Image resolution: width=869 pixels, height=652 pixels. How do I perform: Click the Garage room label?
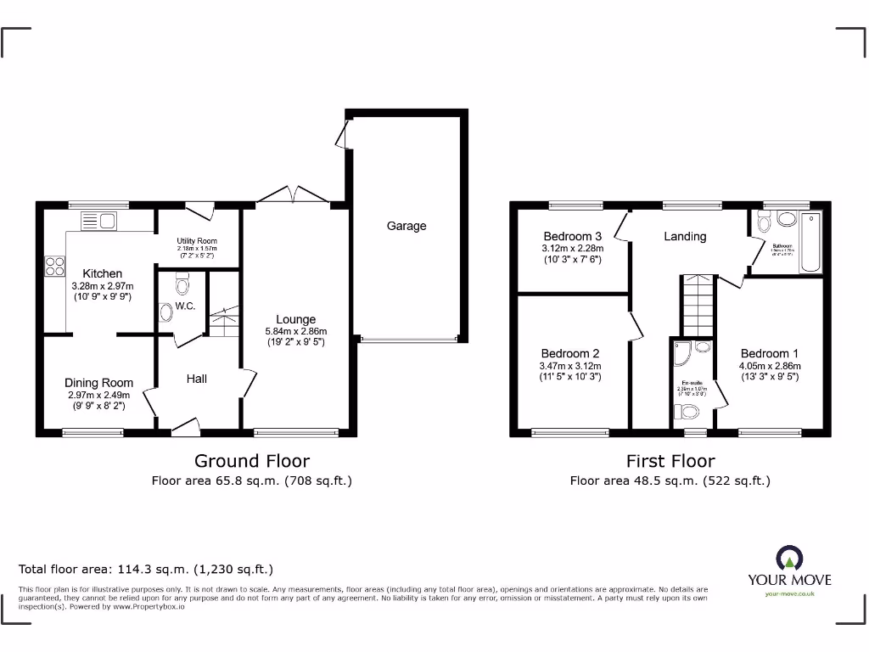click(406, 227)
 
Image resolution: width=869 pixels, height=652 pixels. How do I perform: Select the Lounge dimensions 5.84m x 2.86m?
click(294, 332)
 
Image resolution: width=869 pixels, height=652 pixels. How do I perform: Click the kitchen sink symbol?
click(98, 222)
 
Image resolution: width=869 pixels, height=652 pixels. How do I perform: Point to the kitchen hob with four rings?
click(55, 267)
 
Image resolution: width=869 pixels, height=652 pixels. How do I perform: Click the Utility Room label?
click(197, 242)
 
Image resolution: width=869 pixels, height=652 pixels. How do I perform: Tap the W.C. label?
click(185, 306)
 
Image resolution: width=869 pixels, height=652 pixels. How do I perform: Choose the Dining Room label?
click(98, 383)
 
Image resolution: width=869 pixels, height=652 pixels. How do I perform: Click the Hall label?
click(197, 379)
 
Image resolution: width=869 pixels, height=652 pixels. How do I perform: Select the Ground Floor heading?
click(252, 461)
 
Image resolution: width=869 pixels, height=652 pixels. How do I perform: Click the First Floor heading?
click(670, 461)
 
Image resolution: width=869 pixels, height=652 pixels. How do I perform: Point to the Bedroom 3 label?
click(573, 236)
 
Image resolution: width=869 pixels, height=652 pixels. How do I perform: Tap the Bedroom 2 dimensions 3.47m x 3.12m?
click(572, 366)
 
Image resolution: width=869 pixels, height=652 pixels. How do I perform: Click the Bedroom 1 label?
click(769, 354)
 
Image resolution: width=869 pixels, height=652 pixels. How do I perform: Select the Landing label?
click(684, 236)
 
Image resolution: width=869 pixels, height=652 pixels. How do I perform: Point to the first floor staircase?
click(698, 305)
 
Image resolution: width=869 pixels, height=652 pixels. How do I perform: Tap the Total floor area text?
click(146, 570)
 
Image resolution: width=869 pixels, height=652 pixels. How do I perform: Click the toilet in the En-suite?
click(687, 413)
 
